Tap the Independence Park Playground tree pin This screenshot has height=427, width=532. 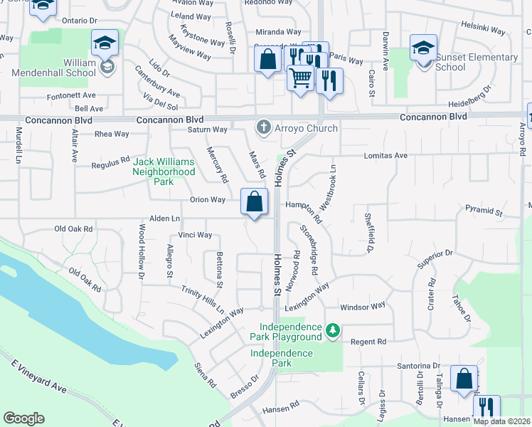pyautogui.click(x=332, y=331)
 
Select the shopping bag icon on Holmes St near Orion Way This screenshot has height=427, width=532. pyautogui.click(x=255, y=203)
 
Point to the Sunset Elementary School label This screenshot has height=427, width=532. pyautogui.click(x=476, y=62)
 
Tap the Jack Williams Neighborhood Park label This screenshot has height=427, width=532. pyautogui.click(x=164, y=172)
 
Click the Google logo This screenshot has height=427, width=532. pyautogui.click(x=23, y=418)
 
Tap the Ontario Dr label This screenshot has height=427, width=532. pyautogui.click(x=79, y=20)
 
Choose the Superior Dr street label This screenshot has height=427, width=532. pyautogui.click(x=435, y=259)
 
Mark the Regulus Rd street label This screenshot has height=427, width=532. pyautogui.click(x=111, y=163)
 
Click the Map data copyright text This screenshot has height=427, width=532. pyautogui.click(x=501, y=421)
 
